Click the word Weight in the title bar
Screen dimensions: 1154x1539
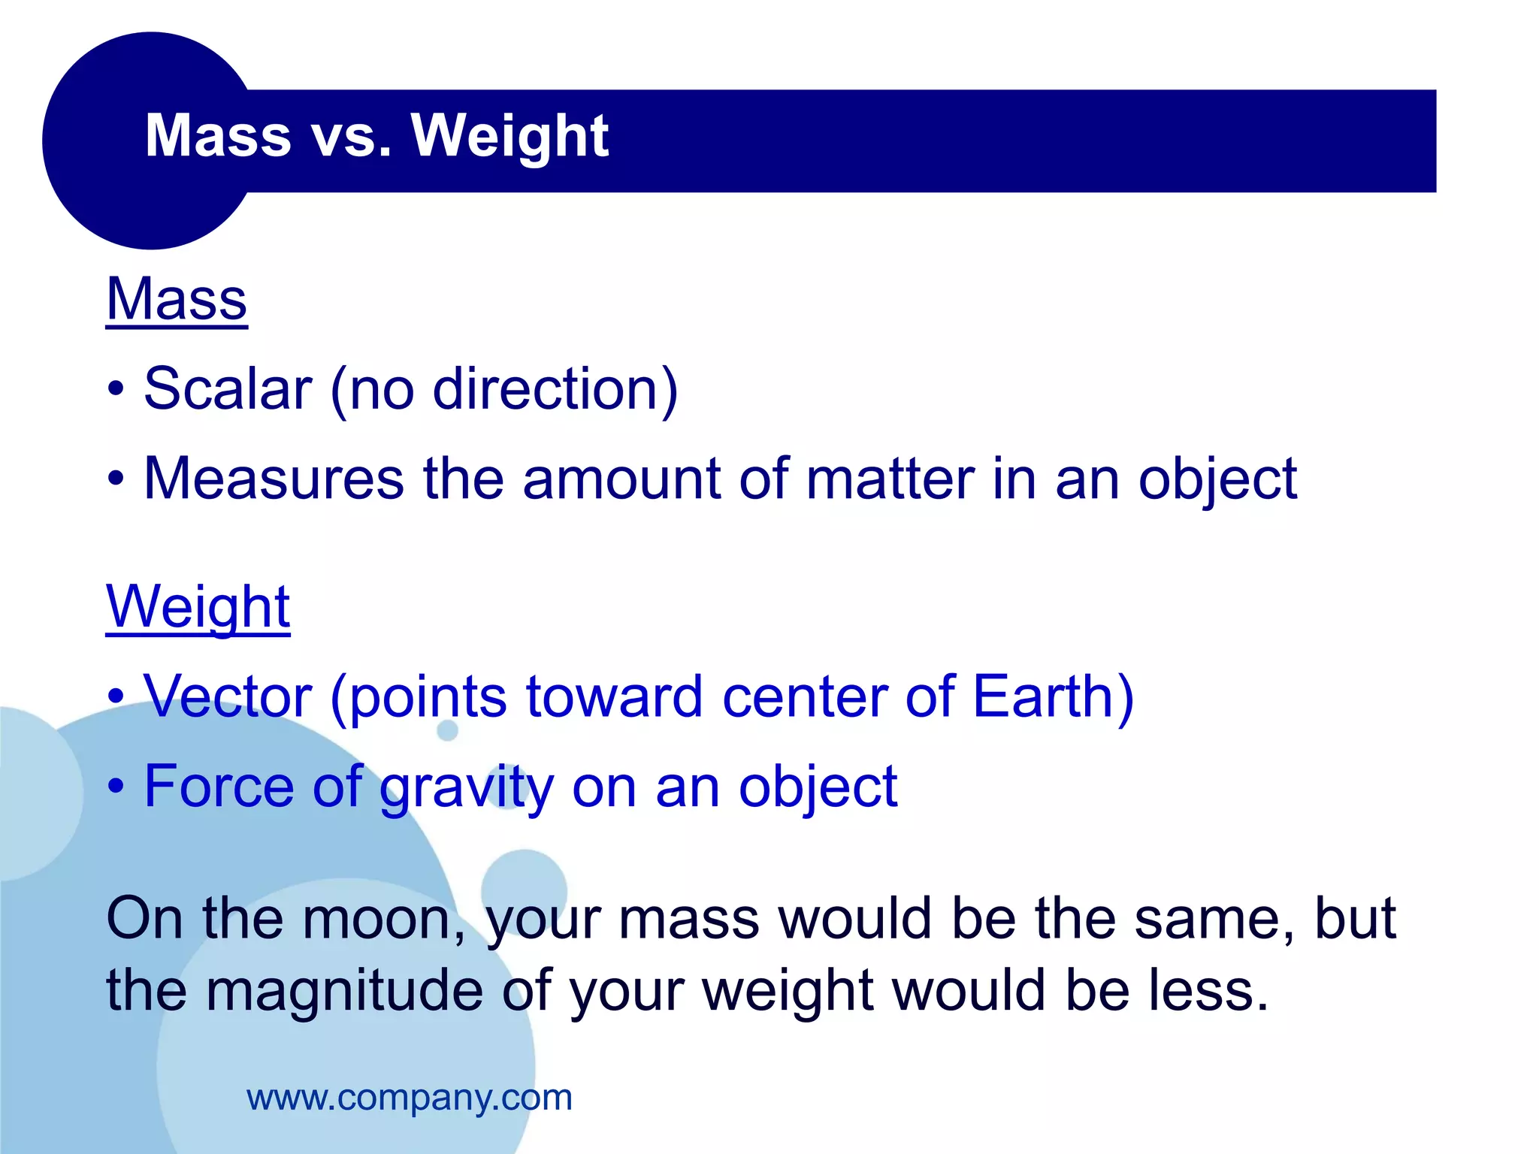point(509,137)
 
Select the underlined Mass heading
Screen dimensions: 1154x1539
point(177,299)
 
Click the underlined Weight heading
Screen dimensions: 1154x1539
point(198,607)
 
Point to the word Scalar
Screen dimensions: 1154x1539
point(228,389)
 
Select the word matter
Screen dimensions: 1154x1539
point(890,479)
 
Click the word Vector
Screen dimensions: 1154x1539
point(228,696)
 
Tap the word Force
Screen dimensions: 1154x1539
point(219,787)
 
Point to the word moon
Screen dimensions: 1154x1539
point(383,919)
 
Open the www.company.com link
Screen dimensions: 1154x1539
point(410,1098)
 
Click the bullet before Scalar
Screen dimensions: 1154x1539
point(115,390)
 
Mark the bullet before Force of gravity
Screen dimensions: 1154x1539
point(115,787)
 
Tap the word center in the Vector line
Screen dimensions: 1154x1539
point(804,696)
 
